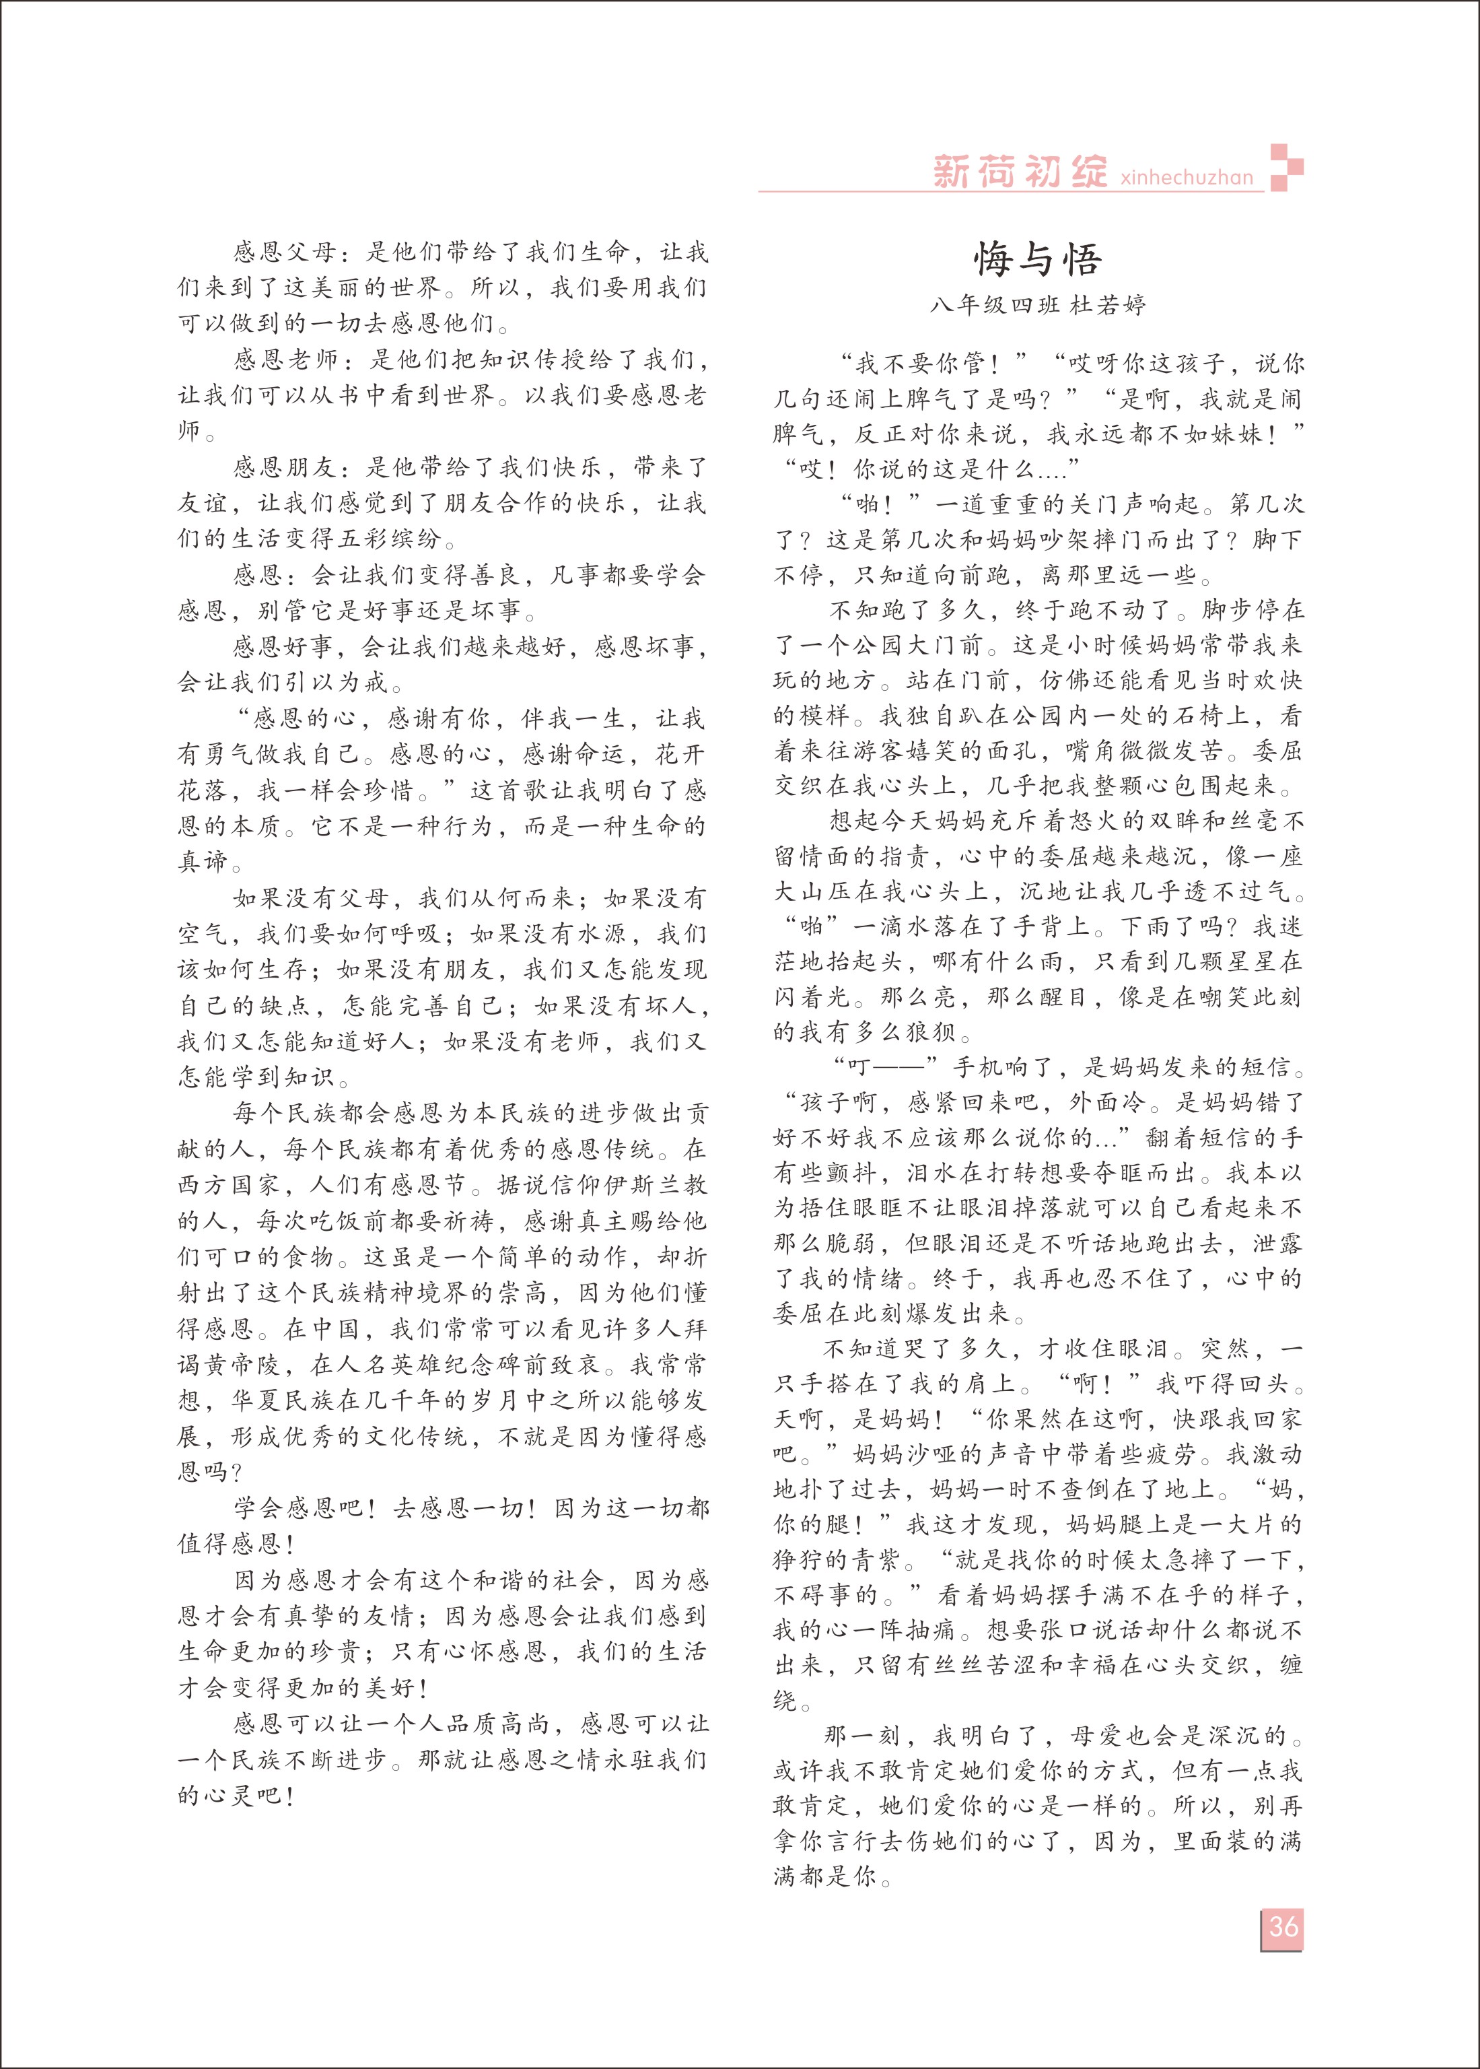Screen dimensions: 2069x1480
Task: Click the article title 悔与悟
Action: (x=1037, y=260)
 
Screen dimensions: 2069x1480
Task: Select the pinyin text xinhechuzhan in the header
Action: (x=1187, y=177)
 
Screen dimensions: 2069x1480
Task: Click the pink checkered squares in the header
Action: (x=1286, y=168)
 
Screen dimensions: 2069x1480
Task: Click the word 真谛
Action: (x=201, y=861)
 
